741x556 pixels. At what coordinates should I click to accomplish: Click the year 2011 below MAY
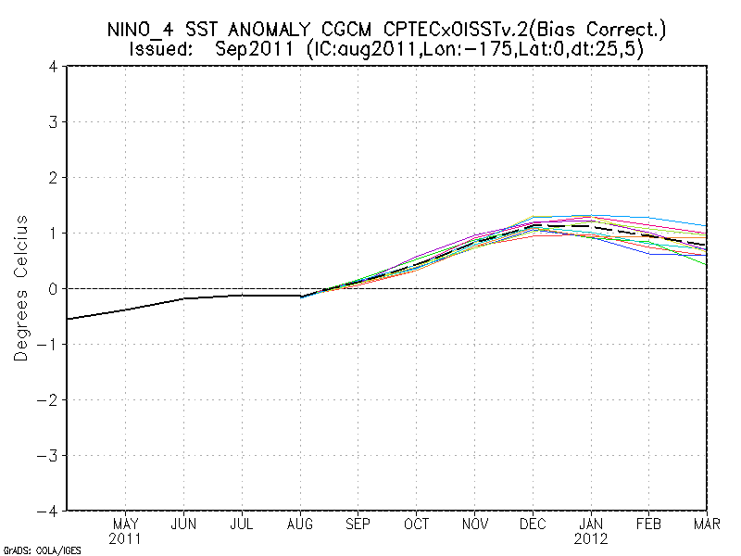click(125, 537)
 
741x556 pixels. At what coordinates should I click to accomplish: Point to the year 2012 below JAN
click(592, 537)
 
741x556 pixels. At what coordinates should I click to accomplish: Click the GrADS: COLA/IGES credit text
click(42, 550)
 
